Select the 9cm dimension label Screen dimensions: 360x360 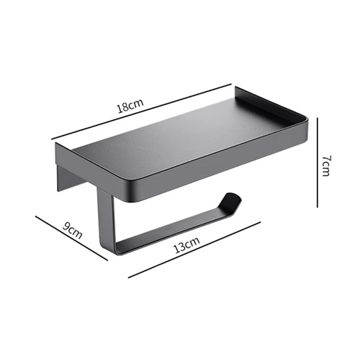pyautogui.click(x=72, y=231)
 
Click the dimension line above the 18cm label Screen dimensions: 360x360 pyautogui.click(x=141, y=111)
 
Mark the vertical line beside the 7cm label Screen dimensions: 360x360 pyautogui.click(x=318, y=162)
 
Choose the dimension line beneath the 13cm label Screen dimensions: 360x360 pyautogui.click(x=194, y=249)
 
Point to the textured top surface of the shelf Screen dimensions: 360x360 pyautogui.click(x=180, y=135)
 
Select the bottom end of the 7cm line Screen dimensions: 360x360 pyautogui.click(x=318, y=207)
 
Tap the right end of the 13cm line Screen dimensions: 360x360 pyautogui.click(x=260, y=221)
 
